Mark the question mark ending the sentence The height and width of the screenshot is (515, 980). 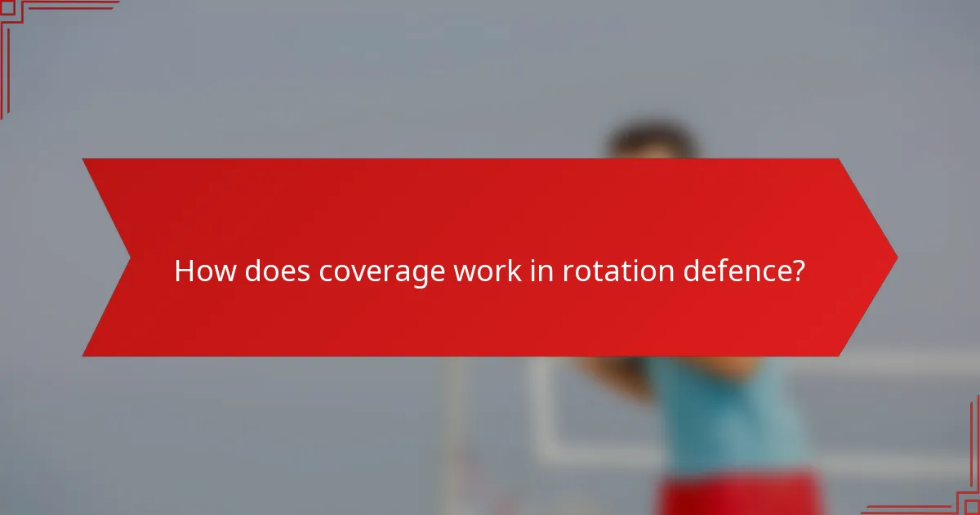click(797, 271)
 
